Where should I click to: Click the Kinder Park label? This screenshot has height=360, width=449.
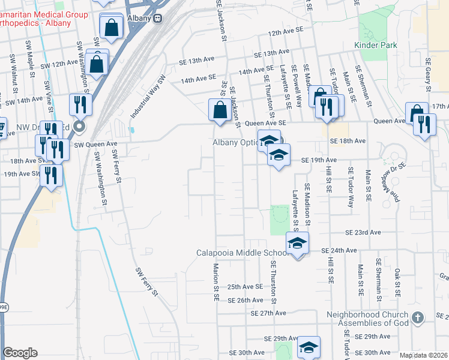point(376,45)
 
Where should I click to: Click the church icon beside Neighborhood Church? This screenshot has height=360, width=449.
point(418,316)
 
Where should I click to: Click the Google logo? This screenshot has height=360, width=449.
point(20,353)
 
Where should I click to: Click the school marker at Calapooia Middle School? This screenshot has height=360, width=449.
point(297,243)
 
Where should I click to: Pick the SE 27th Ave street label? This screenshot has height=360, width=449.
point(269,313)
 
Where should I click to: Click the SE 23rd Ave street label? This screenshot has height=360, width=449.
point(363,232)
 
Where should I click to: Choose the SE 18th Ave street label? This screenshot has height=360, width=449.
point(348,140)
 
